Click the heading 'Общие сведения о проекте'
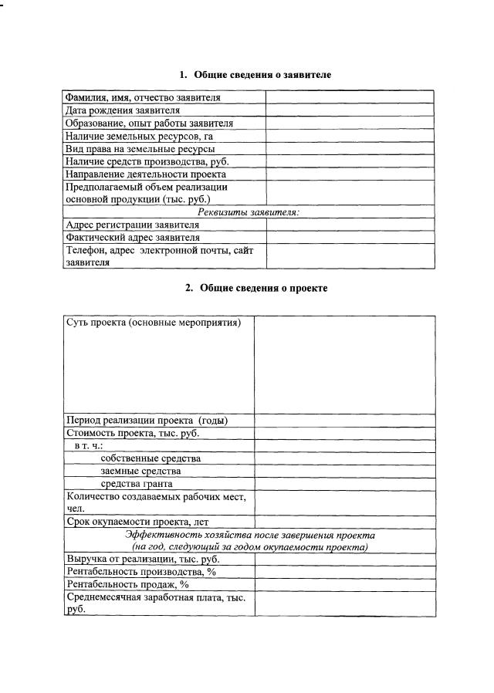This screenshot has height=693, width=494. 255,288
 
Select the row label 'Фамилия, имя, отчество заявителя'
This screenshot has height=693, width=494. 143,97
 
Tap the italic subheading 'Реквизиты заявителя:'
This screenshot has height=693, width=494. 249,211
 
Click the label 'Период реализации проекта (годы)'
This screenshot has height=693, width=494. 147,421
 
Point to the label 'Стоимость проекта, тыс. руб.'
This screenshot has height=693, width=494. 134,434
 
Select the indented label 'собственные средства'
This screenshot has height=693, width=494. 145,458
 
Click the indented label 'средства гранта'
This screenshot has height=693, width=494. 137,484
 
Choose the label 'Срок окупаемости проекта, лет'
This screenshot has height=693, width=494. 137,522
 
